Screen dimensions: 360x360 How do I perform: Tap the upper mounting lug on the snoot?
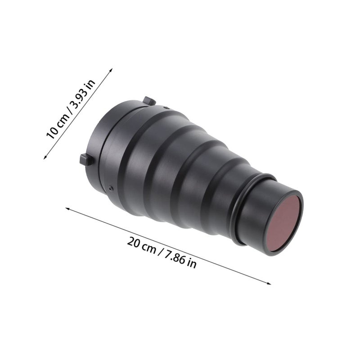pyautogui.click(x=149, y=101)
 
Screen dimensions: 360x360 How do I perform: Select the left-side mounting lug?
pyautogui.click(x=86, y=160)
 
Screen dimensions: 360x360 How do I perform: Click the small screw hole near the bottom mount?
pyautogui.click(x=111, y=188)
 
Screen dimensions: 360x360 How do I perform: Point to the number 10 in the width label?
pyautogui.click(x=52, y=132)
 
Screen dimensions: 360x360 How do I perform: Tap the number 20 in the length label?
pyautogui.click(x=133, y=243)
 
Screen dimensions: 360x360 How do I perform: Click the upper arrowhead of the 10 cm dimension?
pyautogui.click(x=111, y=70)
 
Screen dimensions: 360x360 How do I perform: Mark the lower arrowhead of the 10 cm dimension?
pyautogui.click(x=45, y=157)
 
